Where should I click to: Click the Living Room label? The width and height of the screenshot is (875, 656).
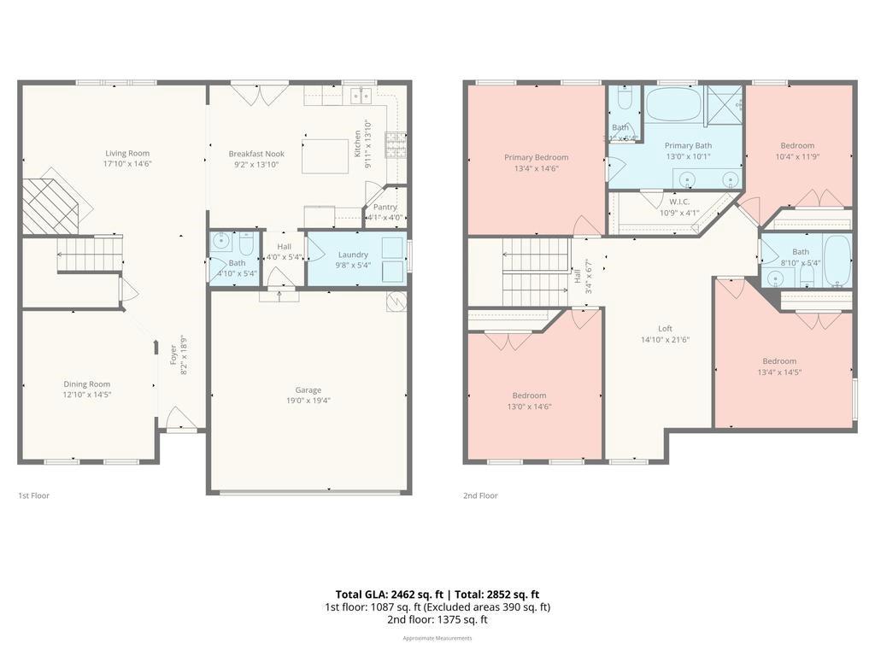(x=127, y=154)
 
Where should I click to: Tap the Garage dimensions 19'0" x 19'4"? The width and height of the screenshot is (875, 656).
(x=308, y=401)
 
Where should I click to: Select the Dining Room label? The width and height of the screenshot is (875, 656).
(x=86, y=384)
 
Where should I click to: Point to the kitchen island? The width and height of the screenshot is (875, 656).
(x=325, y=155)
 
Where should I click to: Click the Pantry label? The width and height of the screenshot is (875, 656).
(x=385, y=207)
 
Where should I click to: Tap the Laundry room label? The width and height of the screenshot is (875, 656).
(x=353, y=255)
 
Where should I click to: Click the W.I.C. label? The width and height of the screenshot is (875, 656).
(x=679, y=202)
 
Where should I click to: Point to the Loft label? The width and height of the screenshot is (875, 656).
(x=665, y=329)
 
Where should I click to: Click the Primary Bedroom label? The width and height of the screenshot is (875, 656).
(x=536, y=157)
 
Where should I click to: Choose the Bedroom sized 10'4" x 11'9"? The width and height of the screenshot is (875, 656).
(x=796, y=145)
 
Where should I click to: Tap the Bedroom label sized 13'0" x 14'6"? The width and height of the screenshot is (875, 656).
(x=529, y=395)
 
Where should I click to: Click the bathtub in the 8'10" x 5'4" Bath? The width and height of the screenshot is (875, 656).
(x=837, y=261)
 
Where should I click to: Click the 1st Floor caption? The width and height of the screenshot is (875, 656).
(x=33, y=495)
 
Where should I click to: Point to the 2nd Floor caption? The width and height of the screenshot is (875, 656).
(x=480, y=495)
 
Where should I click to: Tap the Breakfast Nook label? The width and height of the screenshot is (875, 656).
(x=256, y=154)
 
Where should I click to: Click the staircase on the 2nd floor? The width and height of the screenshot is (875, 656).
(x=535, y=272)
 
